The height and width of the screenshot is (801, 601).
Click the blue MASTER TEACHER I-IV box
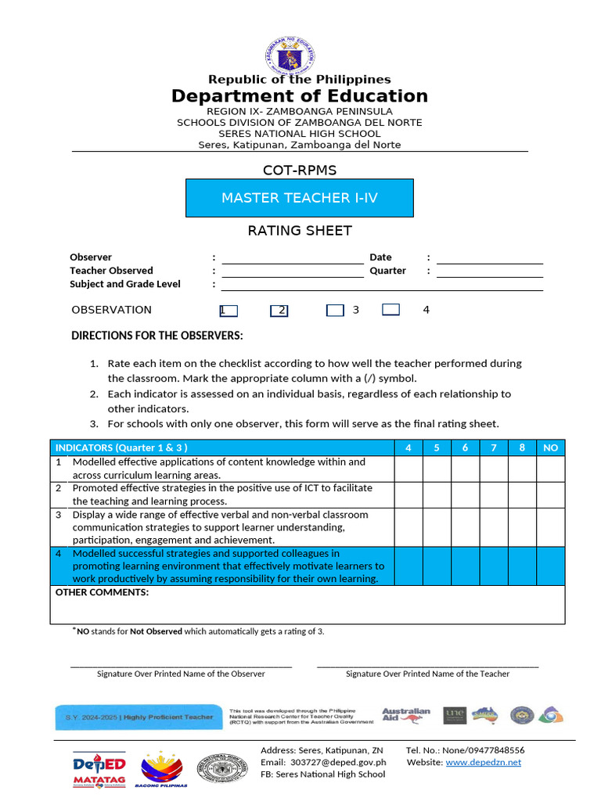[300, 198]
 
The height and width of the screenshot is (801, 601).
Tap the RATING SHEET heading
[300, 231]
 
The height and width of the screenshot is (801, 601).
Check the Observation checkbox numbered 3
[335, 311]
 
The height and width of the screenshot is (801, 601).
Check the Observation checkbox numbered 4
[391, 310]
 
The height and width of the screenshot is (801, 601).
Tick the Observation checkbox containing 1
[229, 311]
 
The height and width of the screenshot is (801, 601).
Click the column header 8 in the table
[522, 447]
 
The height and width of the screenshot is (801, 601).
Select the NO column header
[551, 447]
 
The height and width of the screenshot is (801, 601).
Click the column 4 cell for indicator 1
[408, 469]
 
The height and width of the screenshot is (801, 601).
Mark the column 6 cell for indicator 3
[466, 527]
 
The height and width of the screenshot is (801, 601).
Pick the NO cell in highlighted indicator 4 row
[551, 566]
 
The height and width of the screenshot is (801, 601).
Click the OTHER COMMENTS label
[102, 592]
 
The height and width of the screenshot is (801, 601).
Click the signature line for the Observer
[181, 665]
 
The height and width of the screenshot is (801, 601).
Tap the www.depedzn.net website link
[483, 763]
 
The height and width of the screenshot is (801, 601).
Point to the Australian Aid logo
[406, 715]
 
